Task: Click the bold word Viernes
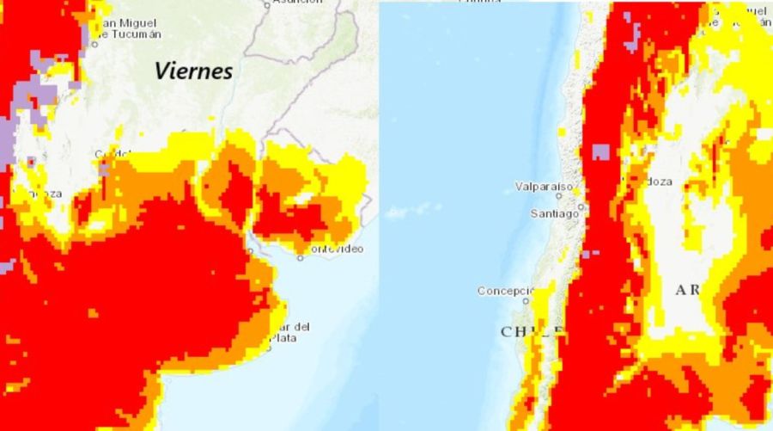pos(193,71)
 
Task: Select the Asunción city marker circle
pos(267,4)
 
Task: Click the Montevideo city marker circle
pos(301,257)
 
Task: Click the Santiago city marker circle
pos(581,206)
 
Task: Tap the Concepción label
pos(505,291)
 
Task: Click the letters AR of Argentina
pos(688,290)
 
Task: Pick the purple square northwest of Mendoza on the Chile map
pos(600,152)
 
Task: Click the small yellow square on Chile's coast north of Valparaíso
pos(562,132)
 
